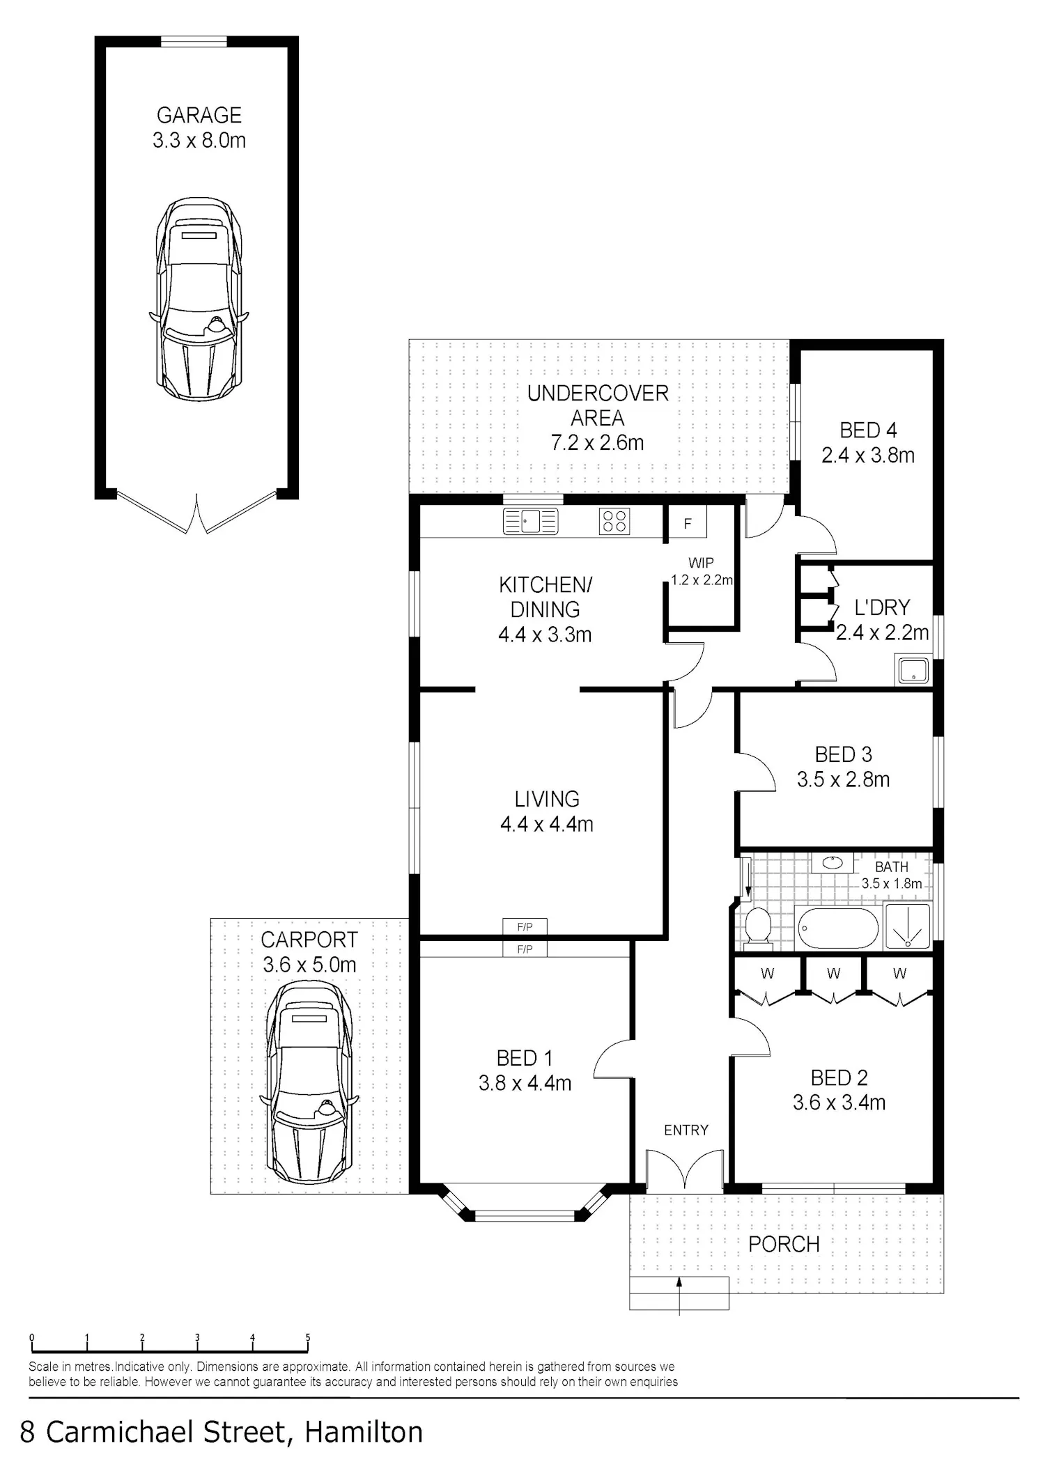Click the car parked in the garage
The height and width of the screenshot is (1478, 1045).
(199, 298)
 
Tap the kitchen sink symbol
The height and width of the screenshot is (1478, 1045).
(530, 521)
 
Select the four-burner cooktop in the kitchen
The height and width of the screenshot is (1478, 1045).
(614, 521)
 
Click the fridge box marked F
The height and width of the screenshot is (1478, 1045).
(688, 523)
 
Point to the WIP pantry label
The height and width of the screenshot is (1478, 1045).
(701, 563)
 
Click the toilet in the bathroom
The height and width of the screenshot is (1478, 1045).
(757, 928)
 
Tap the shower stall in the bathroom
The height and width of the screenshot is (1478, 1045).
(907, 926)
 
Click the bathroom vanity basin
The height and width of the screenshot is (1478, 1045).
(832, 862)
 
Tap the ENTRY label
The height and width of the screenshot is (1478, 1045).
(686, 1130)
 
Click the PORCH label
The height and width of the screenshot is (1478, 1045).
(784, 1243)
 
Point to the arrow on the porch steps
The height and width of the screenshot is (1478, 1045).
(679, 1296)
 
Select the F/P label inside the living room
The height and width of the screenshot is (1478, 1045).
(525, 927)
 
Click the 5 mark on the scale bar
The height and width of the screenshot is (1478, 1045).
(308, 1337)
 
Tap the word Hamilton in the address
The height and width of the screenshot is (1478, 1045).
(364, 1432)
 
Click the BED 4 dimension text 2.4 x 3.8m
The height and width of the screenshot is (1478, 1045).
(868, 456)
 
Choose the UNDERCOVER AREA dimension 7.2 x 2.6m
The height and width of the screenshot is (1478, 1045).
(597, 442)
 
